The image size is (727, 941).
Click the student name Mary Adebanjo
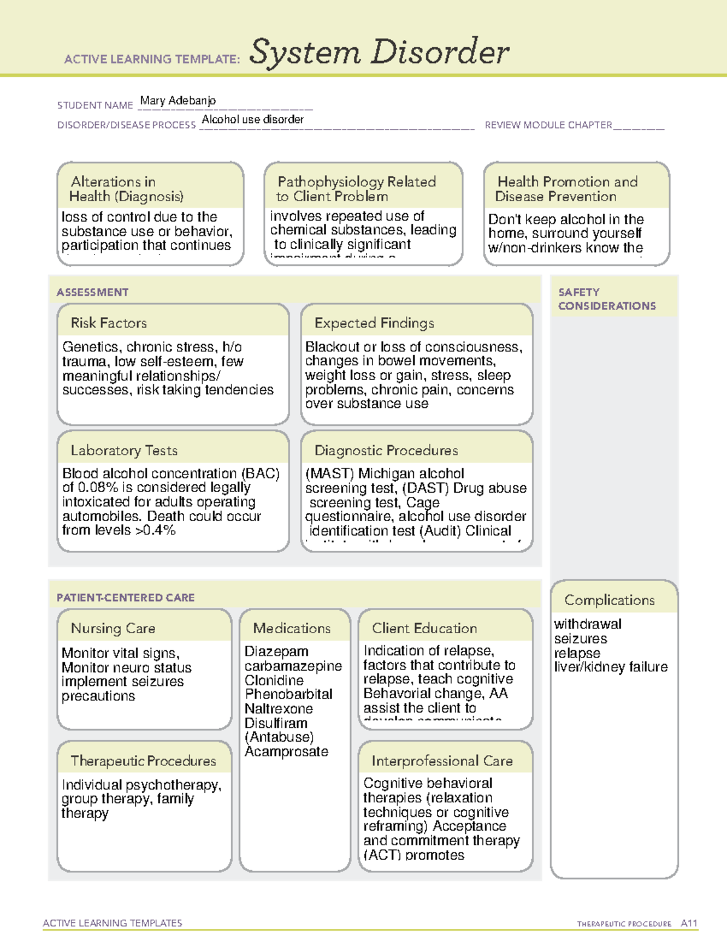tap(178, 101)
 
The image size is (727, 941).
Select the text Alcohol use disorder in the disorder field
tap(253, 119)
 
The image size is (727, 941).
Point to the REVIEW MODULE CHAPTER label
tap(548, 125)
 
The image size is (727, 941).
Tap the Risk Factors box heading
tap(108, 323)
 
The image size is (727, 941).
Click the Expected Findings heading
tap(374, 323)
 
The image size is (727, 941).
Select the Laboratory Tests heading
tap(124, 450)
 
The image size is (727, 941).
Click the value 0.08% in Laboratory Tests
tap(98, 488)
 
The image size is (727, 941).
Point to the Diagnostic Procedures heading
tap(386, 450)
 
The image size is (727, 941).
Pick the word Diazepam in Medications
tap(276, 651)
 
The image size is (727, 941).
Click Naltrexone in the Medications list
tap(279, 708)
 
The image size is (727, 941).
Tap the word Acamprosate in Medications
tap(286, 751)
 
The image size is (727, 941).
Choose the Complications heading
tap(609, 600)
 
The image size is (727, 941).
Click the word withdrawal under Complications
tap(587, 624)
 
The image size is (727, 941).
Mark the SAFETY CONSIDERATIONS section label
tap(606, 299)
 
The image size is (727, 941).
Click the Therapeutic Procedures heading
tap(143, 760)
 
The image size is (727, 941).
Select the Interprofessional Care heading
tap(442, 760)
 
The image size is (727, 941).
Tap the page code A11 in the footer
tap(689, 923)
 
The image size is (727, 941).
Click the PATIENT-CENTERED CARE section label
tap(125, 597)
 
